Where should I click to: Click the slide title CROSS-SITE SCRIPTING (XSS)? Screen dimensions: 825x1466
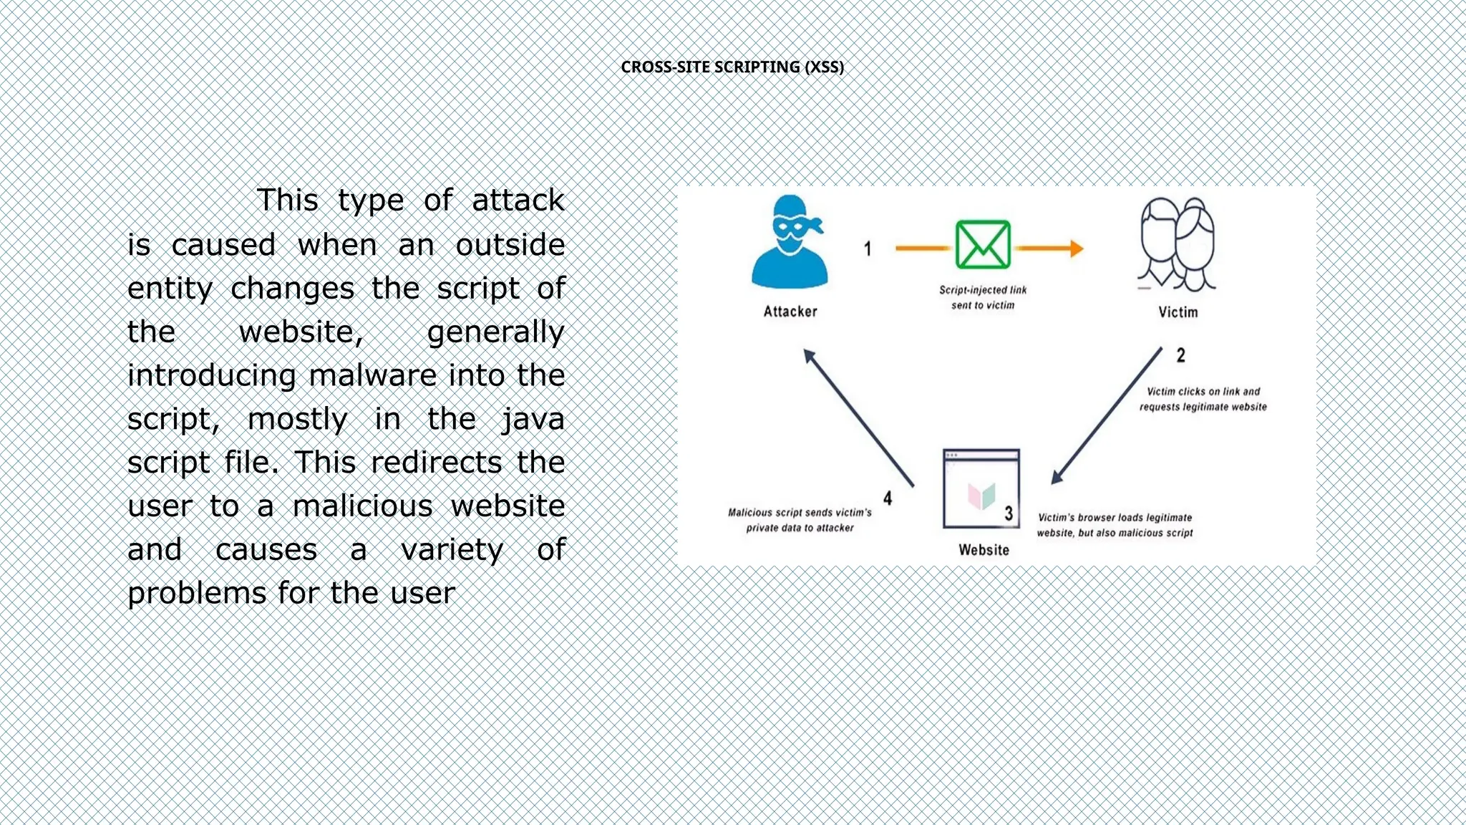pyautogui.click(x=732, y=67)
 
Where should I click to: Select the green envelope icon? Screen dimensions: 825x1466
pyautogui.click(x=983, y=245)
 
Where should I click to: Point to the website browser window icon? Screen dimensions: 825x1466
pyautogui.click(x=981, y=488)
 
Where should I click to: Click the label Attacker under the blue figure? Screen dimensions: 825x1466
pyautogui.click(x=790, y=312)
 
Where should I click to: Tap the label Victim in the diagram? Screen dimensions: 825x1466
pyautogui.click(x=1178, y=312)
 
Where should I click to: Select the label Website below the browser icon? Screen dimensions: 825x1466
pyautogui.click(x=984, y=550)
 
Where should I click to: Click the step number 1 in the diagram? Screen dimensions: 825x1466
pyautogui.click(x=868, y=249)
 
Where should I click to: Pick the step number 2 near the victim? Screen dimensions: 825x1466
pyautogui.click(x=1181, y=355)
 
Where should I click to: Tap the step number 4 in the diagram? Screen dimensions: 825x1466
pyautogui.click(x=888, y=498)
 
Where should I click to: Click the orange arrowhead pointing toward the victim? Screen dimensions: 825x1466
pyautogui.click(x=1076, y=249)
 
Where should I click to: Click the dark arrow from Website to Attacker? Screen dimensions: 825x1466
pyautogui.click(x=858, y=418)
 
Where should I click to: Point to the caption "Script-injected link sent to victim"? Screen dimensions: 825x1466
pyautogui.click(x=983, y=298)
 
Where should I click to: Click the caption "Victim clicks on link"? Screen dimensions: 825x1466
pyautogui.click(x=1203, y=399)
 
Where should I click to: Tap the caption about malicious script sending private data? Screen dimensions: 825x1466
pyautogui.click(x=800, y=521)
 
